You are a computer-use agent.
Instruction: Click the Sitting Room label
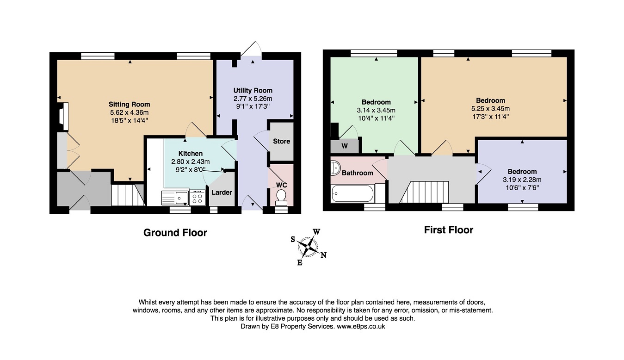point(129,105)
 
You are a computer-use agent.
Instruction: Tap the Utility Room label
point(253,91)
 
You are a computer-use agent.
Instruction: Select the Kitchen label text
point(191,154)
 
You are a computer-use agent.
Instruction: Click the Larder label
point(222,192)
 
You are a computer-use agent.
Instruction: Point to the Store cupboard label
point(281,141)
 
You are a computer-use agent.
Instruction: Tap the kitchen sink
point(175,198)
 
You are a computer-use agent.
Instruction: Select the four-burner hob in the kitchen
point(197,198)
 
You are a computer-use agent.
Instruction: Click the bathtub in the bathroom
point(352,193)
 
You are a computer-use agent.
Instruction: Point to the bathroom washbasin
point(335,168)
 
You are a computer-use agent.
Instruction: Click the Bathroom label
point(358,173)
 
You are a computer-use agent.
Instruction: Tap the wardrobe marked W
point(345,146)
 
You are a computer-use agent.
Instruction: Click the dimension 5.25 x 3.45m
point(490,109)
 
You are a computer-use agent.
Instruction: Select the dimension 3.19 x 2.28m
point(522,180)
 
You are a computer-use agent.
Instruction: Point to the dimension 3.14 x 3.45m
point(376,110)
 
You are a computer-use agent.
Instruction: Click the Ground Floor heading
point(175,233)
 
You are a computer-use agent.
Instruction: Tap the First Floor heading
point(449,230)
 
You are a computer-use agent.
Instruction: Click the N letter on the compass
point(323,255)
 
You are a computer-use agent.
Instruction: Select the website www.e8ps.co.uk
point(361,326)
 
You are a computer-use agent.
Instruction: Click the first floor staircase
point(424,192)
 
